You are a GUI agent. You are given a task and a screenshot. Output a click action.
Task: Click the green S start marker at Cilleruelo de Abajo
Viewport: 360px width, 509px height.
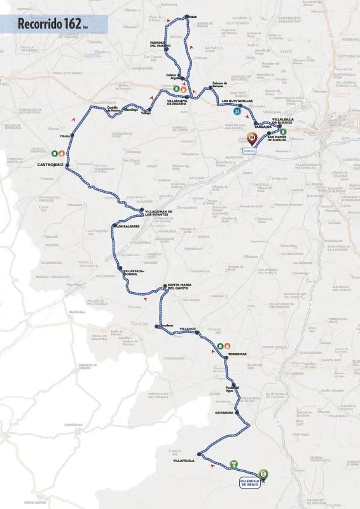263,473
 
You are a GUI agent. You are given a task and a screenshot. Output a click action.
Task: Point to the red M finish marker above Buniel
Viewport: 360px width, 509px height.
251,137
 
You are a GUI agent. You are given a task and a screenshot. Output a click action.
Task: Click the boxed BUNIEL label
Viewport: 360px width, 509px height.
249,151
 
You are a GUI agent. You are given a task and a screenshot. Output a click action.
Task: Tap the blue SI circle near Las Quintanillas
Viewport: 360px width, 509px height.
237,111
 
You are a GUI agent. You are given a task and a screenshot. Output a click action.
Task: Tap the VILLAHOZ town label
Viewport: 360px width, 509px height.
190,328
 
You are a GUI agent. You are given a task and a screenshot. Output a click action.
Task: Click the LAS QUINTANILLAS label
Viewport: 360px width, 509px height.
237,101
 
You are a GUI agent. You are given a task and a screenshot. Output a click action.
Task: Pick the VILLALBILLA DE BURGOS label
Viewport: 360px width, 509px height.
283,120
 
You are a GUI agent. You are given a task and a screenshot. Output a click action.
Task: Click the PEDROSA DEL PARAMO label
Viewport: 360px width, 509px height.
162,44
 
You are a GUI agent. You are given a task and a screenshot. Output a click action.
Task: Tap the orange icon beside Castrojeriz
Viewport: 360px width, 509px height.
62,153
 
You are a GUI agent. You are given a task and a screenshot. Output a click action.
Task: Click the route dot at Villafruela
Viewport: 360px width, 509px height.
200,454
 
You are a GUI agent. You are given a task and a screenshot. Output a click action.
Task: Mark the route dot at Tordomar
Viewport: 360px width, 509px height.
225,359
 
